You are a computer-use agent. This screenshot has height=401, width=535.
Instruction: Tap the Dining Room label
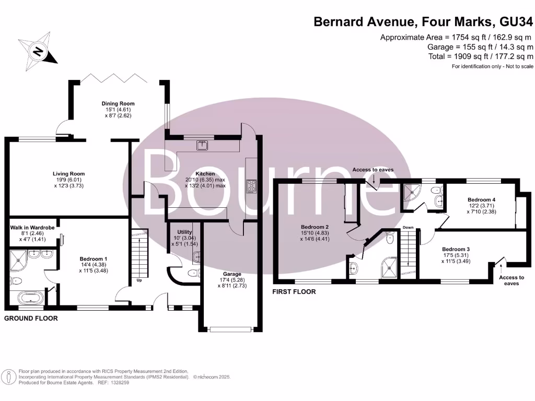pos(118,104)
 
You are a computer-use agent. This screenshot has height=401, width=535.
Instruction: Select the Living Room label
pos(68,174)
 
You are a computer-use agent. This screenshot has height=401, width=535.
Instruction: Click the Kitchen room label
pos(205,174)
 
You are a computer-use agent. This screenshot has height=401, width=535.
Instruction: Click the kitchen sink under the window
pos(202,145)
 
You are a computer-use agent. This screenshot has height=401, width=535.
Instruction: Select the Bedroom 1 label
pos(94,258)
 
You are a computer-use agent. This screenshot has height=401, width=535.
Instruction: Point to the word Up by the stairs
pos(138,280)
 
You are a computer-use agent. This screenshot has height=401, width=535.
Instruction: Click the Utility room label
pos(185,232)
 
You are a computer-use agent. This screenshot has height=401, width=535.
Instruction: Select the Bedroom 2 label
pos(315,227)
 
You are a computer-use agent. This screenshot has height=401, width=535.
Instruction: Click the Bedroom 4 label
pos(481,200)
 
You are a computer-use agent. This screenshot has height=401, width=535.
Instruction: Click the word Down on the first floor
pos(408,228)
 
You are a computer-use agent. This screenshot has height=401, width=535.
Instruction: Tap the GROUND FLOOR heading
pos(31,318)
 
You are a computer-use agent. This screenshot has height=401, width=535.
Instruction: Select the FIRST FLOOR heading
pos(294,292)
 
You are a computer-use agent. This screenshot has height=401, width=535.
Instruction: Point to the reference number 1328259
pos(118,383)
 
